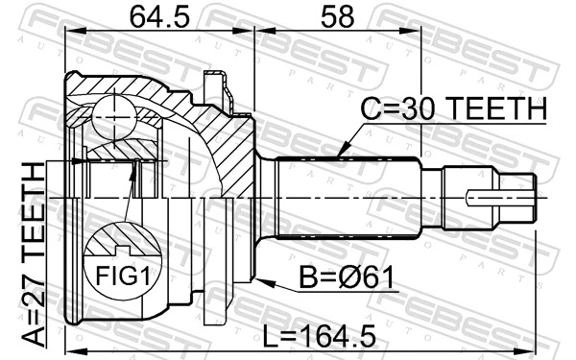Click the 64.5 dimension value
(159, 16)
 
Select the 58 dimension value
(337, 16)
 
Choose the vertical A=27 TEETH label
(31, 253)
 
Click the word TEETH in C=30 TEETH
(503, 110)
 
